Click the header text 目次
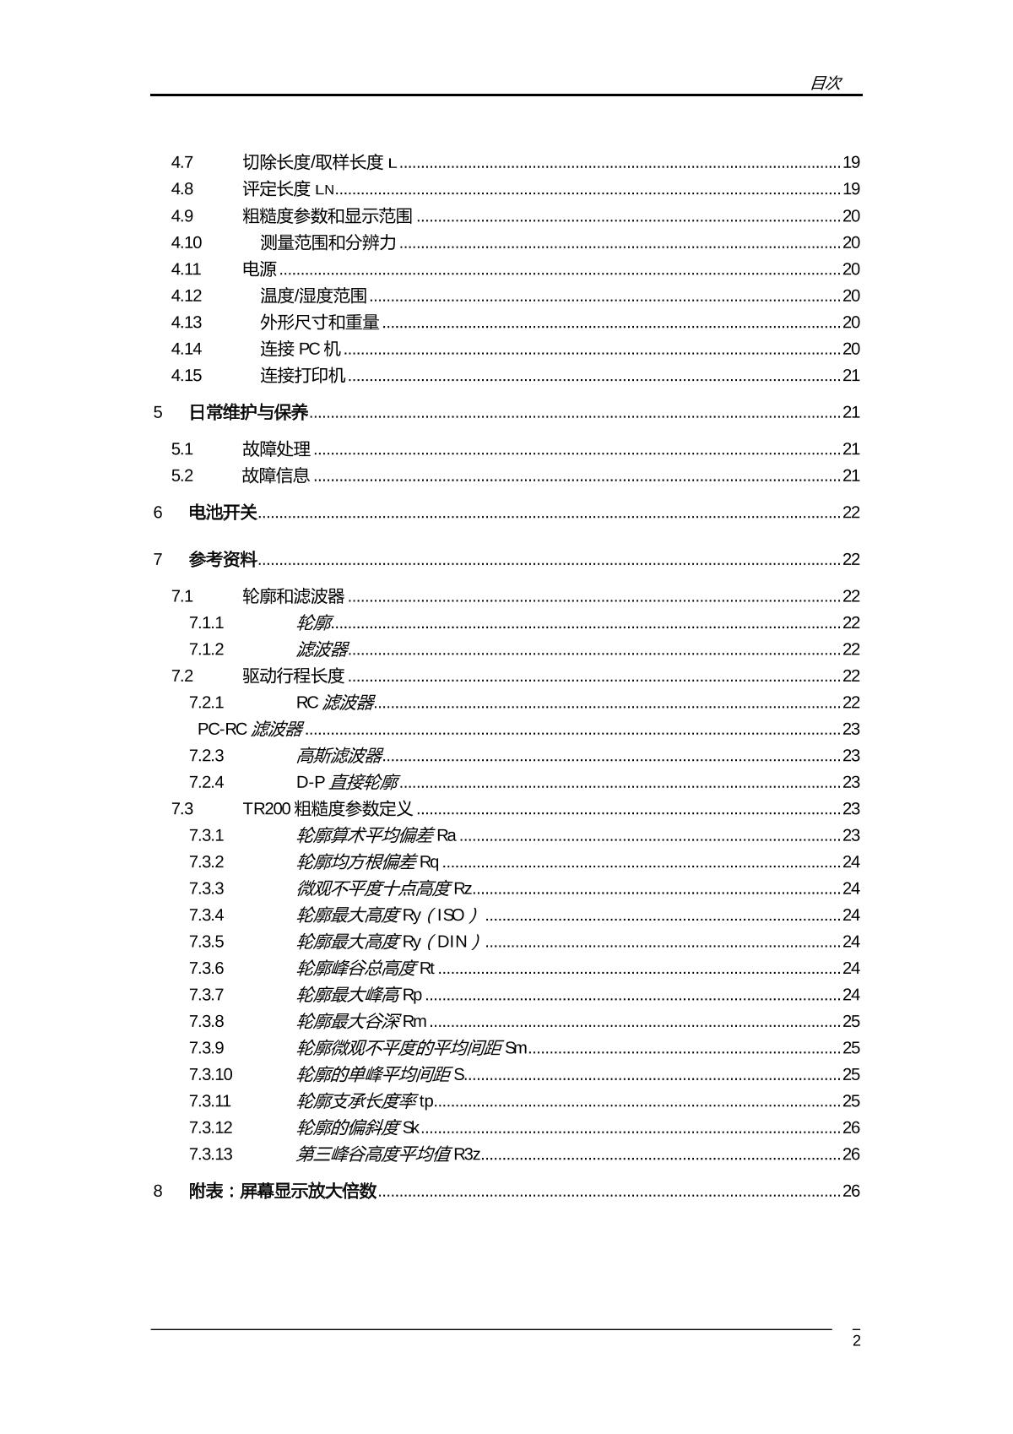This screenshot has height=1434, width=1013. [825, 83]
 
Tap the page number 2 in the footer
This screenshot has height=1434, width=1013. [856, 1341]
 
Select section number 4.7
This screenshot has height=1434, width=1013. [182, 162]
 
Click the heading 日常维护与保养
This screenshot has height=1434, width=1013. [248, 412]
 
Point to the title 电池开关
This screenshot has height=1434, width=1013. [223, 513]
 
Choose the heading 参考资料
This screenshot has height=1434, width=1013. [223, 559]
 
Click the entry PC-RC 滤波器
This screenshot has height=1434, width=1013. [250, 729]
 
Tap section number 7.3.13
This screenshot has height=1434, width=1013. [210, 1154]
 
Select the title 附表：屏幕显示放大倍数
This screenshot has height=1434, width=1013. [283, 1191]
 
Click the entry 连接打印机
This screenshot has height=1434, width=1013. [302, 376]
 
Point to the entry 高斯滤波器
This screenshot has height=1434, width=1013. [339, 756]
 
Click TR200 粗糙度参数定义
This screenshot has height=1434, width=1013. [328, 809]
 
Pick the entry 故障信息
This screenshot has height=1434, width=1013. [276, 475]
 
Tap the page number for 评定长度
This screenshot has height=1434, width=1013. [851, 189]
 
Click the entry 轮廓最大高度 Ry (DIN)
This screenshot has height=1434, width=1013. [387, 942]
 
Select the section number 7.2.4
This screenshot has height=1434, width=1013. [206, 782]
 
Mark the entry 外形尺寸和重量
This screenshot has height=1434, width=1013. [319, 323]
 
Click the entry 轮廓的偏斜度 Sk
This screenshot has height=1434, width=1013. [357, 1127]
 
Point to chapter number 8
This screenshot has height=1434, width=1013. [158, 1191]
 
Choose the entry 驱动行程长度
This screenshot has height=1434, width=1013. [293, 676]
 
